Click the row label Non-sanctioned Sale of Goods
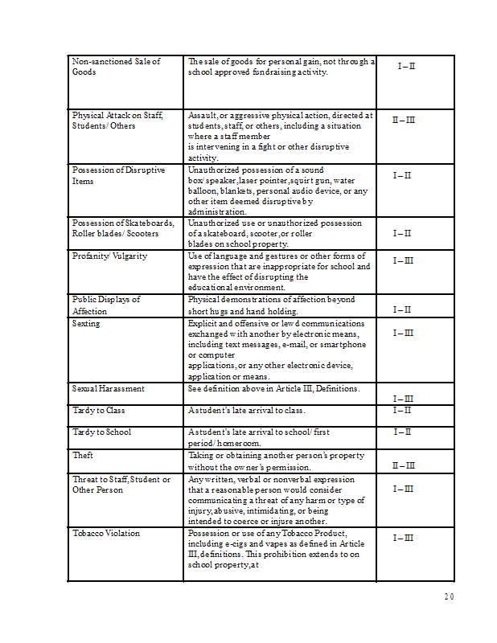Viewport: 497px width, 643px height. (x=116, y=67)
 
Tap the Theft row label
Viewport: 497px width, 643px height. (x=83, y=455)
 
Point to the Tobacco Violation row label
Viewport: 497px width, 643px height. (x=106, y=533)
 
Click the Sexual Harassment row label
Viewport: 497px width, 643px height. (x=109, y=388)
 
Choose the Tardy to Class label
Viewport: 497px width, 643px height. (x=98, y=411)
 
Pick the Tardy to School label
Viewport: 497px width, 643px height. (x=101, y=432)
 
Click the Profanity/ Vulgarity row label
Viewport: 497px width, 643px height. (x=109, y=256)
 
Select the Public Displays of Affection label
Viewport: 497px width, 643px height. (x=106, y=305)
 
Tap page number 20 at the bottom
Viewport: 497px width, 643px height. (x=449, y=596)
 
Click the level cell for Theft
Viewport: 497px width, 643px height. (x=403, y=465)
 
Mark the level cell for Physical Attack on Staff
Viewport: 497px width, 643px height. (x=403, y=120)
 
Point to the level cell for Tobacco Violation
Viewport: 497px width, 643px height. (x=403, y=538)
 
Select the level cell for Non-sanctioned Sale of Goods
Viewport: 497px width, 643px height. (x=406, y=65)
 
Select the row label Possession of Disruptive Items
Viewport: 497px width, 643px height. (x=118, y=175)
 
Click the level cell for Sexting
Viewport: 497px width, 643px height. (x=403, y=333)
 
